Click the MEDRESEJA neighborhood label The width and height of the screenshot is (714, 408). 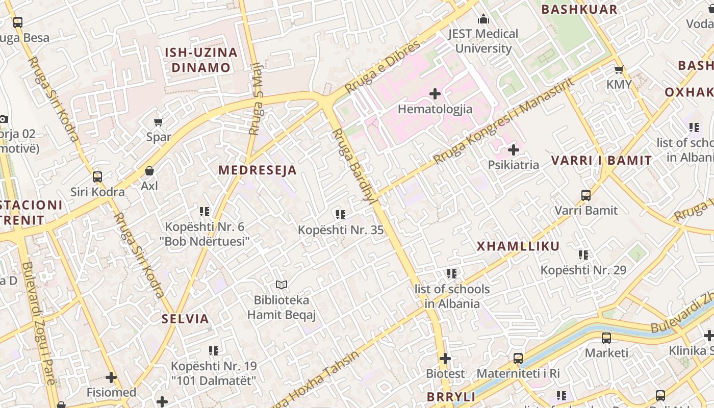click(x=258, y=170)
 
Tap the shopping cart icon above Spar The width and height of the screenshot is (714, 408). click(x=158, y=122)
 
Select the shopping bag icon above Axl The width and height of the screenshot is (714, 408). click(x=149, y=171)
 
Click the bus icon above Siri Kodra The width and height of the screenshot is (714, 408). click(x=97, y=177)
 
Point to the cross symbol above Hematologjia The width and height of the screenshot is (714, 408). click(x=435, y=94)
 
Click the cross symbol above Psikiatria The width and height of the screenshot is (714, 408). click(x=514, y=150)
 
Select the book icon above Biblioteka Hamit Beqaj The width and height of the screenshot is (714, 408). click(x=282, y=285)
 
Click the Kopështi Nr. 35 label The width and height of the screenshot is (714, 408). click(x=341, y=230)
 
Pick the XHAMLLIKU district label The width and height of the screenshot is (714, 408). click(x=518, y=246)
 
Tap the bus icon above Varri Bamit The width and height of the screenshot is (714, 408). click(x=586, y=195)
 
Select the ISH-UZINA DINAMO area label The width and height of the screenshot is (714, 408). click(x=201, y=60)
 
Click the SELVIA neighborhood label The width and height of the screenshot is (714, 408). click(x=185, y=319)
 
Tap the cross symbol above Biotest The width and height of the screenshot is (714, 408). click(x=445, y=359)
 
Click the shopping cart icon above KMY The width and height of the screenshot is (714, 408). click(x=619, y=69)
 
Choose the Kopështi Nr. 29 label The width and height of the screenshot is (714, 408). click(x=583, y=270)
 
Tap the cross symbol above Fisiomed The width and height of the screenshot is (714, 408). click(x=111, y=377)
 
